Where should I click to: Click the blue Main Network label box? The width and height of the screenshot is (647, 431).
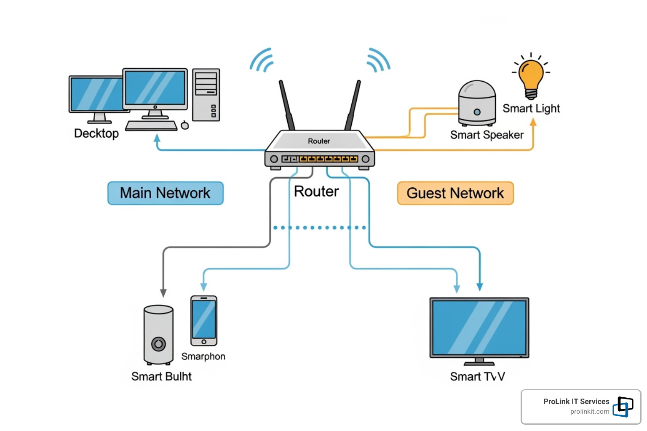[165, 193]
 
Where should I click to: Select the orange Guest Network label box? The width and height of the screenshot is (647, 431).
[455, 193]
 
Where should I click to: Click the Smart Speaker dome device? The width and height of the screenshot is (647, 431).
[477, 103]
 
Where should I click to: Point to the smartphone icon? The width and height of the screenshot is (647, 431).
[204, 320]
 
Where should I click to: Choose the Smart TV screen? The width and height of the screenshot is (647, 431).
[479, 327]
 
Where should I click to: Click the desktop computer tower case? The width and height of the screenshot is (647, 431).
[206, 95]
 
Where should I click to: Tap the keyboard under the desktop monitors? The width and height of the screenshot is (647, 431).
[151, 126]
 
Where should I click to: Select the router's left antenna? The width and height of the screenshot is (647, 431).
[286, 105]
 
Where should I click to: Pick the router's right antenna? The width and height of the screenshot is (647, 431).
[353, 105]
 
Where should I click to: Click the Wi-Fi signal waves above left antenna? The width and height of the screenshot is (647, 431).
[262, 60]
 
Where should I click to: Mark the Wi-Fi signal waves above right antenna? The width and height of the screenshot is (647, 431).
[378, 60]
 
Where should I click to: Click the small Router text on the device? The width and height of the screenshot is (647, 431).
[319, 141]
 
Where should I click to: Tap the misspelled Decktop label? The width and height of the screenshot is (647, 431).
[96, 133]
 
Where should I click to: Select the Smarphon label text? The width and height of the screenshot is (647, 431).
[203, 357]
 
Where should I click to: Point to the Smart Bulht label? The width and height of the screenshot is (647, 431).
[161, 376]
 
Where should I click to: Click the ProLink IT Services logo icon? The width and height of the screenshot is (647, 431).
[623, 407]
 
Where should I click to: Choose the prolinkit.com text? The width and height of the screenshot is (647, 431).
[589, 412]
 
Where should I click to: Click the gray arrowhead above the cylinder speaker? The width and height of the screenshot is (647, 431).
[163, 293]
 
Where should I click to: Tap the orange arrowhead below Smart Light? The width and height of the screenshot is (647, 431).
[533, 122]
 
